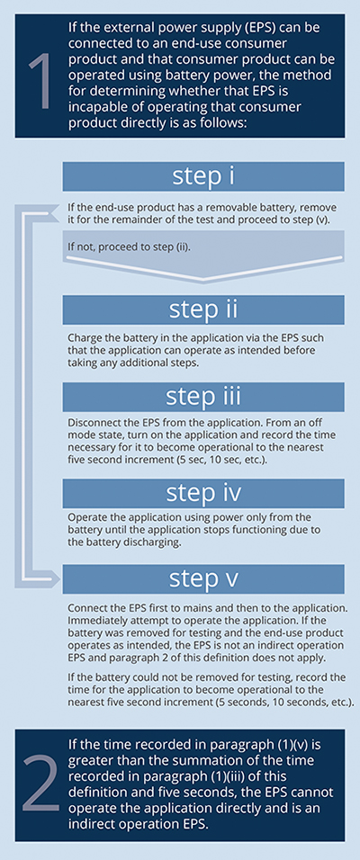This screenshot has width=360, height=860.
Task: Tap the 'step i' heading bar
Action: (203, 176)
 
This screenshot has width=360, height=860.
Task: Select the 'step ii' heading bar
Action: (203, 309)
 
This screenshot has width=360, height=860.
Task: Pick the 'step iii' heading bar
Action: (203, 397)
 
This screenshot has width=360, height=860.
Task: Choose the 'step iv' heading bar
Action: (203, 493)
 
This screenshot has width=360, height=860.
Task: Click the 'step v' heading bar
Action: (203, 579)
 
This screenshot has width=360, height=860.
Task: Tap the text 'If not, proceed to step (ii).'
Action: (129, 246)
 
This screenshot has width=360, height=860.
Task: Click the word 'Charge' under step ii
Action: (81, 339)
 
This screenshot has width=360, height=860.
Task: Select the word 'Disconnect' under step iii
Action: (90, 424)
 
